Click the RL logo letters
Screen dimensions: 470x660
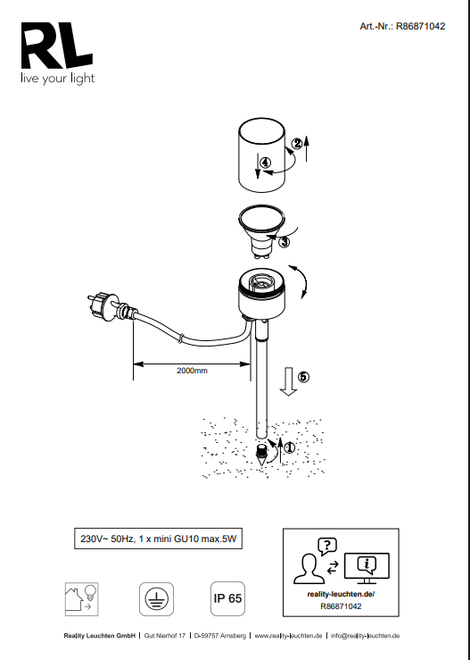pos(57,46)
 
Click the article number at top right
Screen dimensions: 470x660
pos(402,26)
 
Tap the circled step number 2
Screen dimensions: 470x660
pos(297,144)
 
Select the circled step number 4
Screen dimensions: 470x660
pos(265,163)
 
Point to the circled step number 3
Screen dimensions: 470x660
pos(284,242)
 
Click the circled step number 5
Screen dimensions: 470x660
pos(303,377)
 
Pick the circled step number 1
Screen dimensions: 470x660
pos(290,447)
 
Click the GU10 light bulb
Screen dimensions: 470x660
pos(261,231)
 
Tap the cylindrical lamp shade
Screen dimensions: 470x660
pos(262,155)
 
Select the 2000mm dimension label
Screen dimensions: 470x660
pos(192,371)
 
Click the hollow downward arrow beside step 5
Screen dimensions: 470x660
pos(288,381)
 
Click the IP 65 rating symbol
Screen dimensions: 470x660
pos(227,598)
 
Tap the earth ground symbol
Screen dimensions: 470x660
pos(156,599)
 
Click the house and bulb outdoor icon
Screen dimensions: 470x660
pos(81,599)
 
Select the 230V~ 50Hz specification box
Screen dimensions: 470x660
pos(159,539)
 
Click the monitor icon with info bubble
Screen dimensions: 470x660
pos(367,568)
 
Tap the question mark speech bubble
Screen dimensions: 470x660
pos(327,547)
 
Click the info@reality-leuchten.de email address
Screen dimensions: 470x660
pos(366,636)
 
